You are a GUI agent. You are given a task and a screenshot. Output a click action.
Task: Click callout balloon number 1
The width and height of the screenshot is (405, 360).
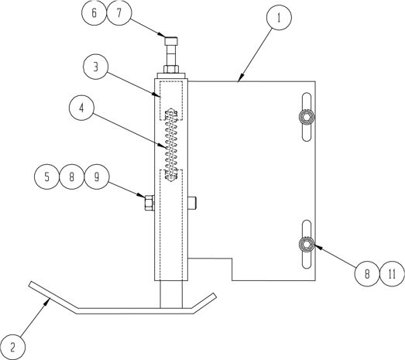[x=279, y=17]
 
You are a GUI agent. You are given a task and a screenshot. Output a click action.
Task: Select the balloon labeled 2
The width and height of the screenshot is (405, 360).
[x=12, y=347]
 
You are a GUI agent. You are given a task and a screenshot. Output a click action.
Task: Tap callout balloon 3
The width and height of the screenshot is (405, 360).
[x=95, y=67]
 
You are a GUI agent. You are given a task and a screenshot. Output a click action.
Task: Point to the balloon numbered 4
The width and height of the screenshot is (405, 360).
[x=81, y=108]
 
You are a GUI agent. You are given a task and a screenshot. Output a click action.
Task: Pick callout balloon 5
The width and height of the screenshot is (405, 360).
[x=46, y=177]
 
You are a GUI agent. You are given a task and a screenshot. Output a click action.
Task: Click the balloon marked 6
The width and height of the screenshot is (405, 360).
[x=94, y=12]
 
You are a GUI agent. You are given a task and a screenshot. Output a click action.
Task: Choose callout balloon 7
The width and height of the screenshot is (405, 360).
[x=119, y=12]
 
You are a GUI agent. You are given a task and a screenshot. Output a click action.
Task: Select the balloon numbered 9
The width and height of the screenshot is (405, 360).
[x=97, y=177]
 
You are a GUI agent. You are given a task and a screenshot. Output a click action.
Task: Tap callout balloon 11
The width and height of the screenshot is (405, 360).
[x=392, y=273]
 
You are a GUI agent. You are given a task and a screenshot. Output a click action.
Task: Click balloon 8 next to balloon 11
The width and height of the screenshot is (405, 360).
[x=367, y=273]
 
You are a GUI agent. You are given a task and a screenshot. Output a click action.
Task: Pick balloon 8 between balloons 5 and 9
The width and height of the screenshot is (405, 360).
[x=72, y=177]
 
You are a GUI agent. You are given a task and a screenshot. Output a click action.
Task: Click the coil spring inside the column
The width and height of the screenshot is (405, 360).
[x=171, y=146]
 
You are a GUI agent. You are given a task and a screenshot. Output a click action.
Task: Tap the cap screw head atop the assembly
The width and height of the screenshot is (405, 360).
[x=171, y=41]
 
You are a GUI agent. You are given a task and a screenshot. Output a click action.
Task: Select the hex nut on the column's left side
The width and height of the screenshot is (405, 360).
[x=149, y=203]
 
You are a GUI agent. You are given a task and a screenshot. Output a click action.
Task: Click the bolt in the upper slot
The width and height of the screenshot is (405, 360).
[x=307, y=117]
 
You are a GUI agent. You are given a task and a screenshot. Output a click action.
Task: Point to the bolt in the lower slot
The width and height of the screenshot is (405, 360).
[x=307, y=244]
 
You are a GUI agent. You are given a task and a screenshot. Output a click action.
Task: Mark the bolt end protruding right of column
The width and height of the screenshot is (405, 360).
[x=192, y=203]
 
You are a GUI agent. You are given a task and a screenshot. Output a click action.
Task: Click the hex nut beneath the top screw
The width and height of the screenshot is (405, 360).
[x=171, y=69]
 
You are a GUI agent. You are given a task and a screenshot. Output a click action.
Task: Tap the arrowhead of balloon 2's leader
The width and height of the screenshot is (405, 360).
[x=47, y=301]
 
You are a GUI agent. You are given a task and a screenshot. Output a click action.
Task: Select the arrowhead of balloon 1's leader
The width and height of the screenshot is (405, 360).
[x=241, y=77]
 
